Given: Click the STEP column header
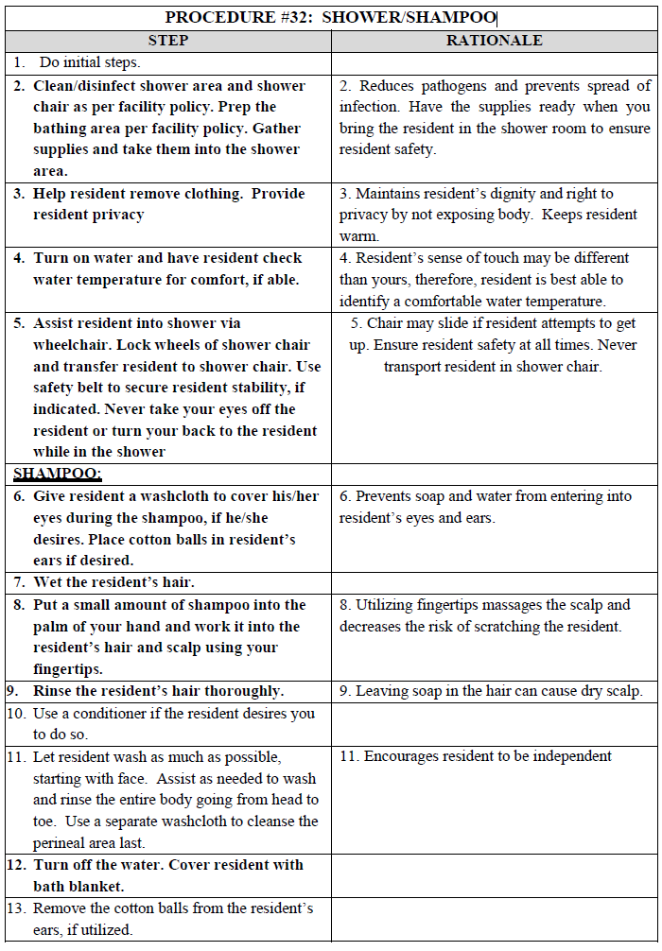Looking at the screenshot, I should [168, 41].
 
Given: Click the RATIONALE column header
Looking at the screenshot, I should [495, 41].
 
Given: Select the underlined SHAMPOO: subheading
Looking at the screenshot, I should [58, 474].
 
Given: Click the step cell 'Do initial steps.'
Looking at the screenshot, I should [90, 62].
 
